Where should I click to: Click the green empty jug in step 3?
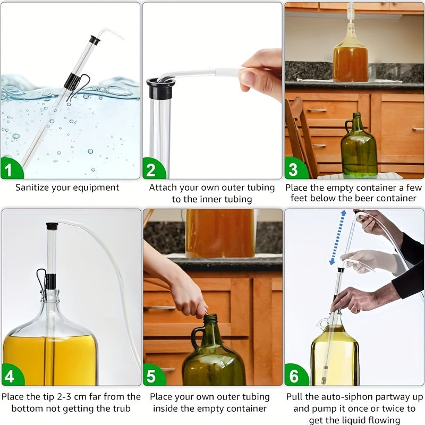pyautogui.click(x=359, y=149)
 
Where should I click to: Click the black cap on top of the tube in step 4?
pyautogui.click(x=52, y=226)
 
